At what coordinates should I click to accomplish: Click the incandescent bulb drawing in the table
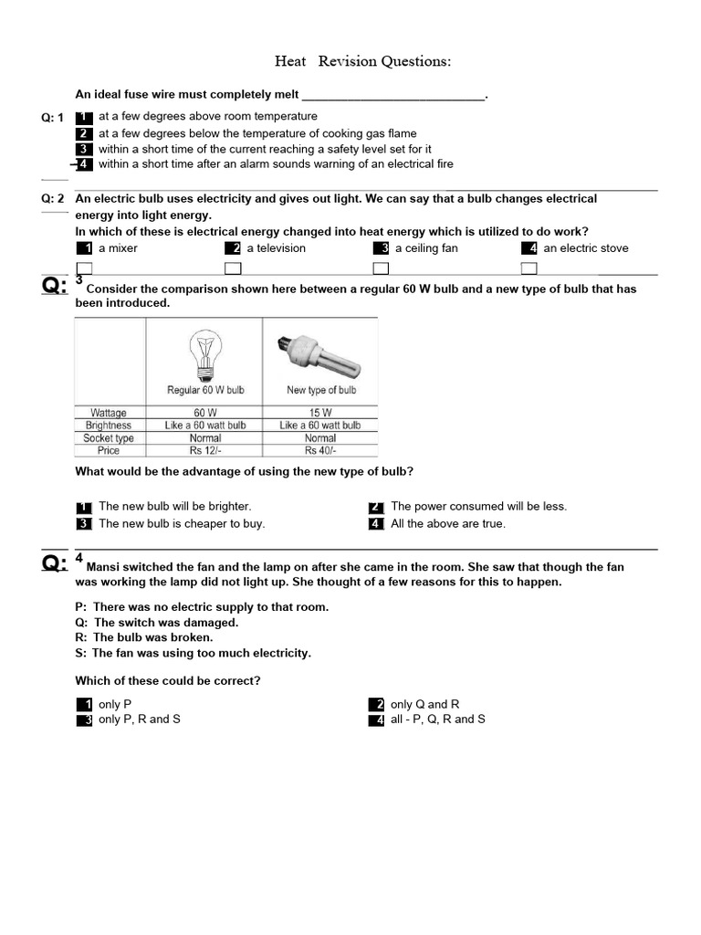pyautogui.click(x=204, y=353)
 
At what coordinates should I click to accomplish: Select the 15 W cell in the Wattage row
pyautogui.click(x=319, y=413)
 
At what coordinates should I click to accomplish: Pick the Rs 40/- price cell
pyautogui.click(x=319, y=451)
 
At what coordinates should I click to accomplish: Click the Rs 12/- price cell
pyautogui.click(x=205, y=451)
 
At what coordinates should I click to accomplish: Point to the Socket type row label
pyautogui.click(x=109, y=438)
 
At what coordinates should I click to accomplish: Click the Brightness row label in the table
pyautogui.click(x=109, y=425)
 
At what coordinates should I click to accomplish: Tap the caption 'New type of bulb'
pyautogui.click(x=320, y=390)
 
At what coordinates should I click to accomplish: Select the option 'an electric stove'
pyautogui.click(x=585, y=248)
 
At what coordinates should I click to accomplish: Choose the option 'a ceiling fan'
pyautogui.click(x=425, y=248)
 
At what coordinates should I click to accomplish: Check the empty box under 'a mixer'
pyautogui.click(x=84, y=268)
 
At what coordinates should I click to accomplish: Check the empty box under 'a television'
pyautogui.click(x=233, y=268)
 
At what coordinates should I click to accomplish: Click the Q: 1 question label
pyautogui.click(x=53, y=118)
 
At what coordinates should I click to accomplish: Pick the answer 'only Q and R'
pyautogui.click(x=424, y=704)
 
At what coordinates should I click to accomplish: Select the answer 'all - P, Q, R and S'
pyautogui.click(x=437, y=720)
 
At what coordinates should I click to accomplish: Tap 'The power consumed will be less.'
pyautogui.click(x=478, y=506)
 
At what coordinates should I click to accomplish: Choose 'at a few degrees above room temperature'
pyautogui.click(x=207, y=117)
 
